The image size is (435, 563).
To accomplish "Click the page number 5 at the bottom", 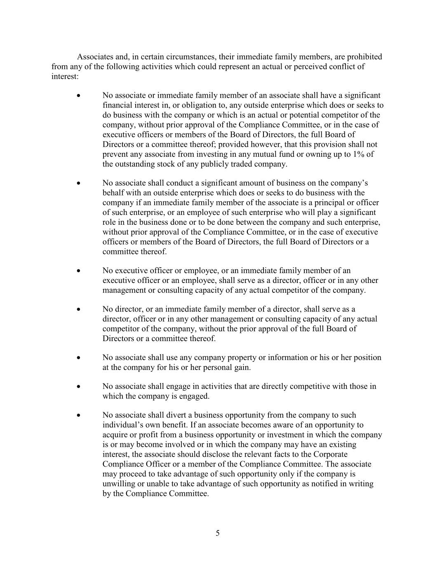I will [x=218, y=533].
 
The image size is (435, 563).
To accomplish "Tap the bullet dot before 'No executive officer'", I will [x=78, y=271].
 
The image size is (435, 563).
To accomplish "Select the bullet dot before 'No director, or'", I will [x=78, y=309].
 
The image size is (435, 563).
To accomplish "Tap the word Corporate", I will [x=330, y=455].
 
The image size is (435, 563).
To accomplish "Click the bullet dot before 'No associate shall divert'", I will [x=78, y=415].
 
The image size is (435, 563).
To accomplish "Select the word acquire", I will [x=115, y=435].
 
